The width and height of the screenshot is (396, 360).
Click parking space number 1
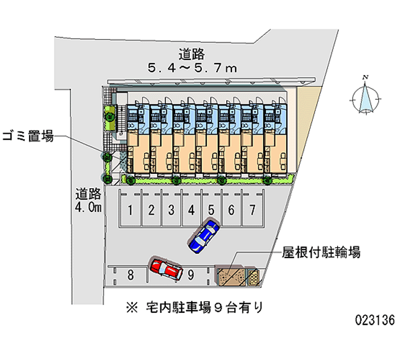(x=130, y=210)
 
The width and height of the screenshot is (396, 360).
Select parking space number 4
(x=191, y=210)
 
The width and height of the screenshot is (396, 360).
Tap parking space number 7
(x=252, y=210)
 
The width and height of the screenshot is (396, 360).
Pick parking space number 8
(x=130, y=275)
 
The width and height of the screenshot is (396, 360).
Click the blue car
(x=203, y=236)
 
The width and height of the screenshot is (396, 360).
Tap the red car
(x=166, y=269)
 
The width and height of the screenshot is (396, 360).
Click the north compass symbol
(x=366, y=96)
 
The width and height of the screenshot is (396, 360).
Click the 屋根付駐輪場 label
(x=321, y=253)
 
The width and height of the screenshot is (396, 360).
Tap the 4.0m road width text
(x=89, y=207)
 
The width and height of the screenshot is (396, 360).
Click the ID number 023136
(x=375, y=320)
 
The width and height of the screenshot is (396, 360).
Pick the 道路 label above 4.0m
(x=89, y=193)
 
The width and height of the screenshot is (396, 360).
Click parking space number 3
(x=170, y=210)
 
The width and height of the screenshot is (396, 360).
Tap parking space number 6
(x=231, y=210)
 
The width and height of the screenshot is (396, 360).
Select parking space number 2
(x=150, y=210)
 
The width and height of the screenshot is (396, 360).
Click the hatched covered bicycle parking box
(x=231, y=276)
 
